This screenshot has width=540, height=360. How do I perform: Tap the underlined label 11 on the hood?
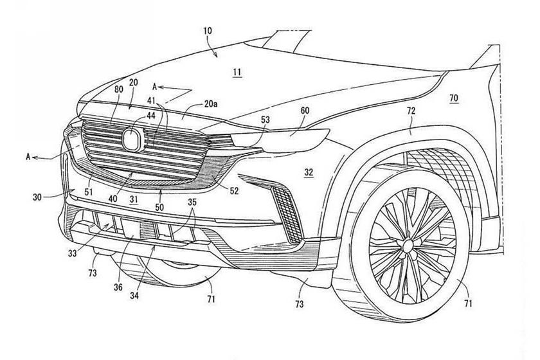(x=237, y=73)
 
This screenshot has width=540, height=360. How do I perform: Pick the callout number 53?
(x=265, y=120)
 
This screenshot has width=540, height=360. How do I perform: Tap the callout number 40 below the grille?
(x=113, y=199)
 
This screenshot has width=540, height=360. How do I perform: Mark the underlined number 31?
(x=134, y=200)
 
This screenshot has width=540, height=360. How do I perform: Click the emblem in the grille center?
(x=133, y=138)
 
